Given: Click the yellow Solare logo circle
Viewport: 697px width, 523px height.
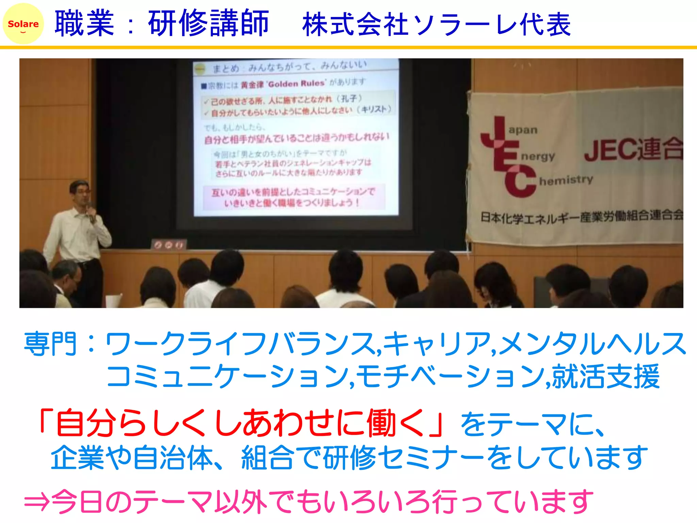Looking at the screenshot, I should pos(23,24).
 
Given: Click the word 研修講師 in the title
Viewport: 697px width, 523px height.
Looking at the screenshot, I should pos(208,24).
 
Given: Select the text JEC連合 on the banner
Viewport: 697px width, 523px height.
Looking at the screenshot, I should pos(633,150).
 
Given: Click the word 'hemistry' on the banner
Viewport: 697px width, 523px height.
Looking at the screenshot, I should pos(566,180).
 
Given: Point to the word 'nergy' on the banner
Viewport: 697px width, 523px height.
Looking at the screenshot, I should pos(538,157).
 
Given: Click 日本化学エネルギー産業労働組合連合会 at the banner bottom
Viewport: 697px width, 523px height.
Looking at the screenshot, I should pos(581,217).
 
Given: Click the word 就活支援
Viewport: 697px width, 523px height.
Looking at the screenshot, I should pos(606,376).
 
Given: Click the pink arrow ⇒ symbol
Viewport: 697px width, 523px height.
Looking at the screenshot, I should pos(37,501).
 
